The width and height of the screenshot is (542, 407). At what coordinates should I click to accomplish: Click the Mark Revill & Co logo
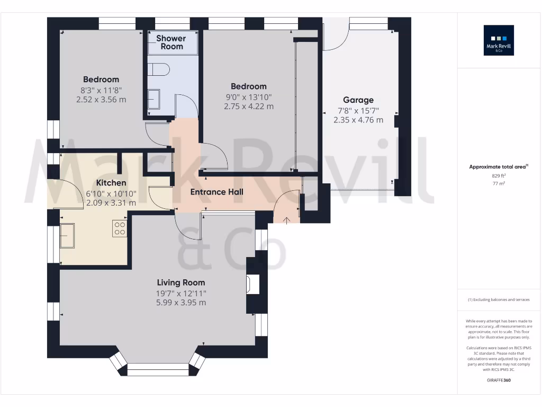tap(499, 40)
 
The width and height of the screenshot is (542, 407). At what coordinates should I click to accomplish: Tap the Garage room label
tap(358, 100)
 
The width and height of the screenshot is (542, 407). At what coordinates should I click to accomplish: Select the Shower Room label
tap(171, 42)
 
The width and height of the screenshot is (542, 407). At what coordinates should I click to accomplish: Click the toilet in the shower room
tap(158, 69)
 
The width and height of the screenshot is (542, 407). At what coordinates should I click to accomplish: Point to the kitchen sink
tap(67, 235)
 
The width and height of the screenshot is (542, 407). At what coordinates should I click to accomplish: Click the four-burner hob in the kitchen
tap(120, 229)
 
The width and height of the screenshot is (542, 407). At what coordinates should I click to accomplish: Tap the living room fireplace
tap(250, 284)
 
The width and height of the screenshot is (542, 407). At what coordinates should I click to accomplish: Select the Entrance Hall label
tap(217, 192)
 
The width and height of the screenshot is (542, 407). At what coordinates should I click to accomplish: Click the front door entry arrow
tap(286, 220)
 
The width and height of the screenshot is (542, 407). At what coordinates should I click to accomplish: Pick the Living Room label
tap(181, 282)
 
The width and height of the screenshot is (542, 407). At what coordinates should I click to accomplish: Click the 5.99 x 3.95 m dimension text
tap(181, 303)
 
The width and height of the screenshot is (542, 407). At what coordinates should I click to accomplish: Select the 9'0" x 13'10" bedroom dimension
tap(249, 96)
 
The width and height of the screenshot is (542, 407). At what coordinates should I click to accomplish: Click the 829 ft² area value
tap(498, 175)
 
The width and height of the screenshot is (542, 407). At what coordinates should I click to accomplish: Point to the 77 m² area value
tap(498, 183)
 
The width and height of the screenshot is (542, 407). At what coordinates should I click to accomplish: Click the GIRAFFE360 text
tap(499, 380)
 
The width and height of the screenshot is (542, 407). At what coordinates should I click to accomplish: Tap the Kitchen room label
tap(111, 183)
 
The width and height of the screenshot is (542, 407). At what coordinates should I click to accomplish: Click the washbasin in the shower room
tap(154, 99)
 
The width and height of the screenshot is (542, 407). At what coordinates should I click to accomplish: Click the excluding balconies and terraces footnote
tap(498, 300)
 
